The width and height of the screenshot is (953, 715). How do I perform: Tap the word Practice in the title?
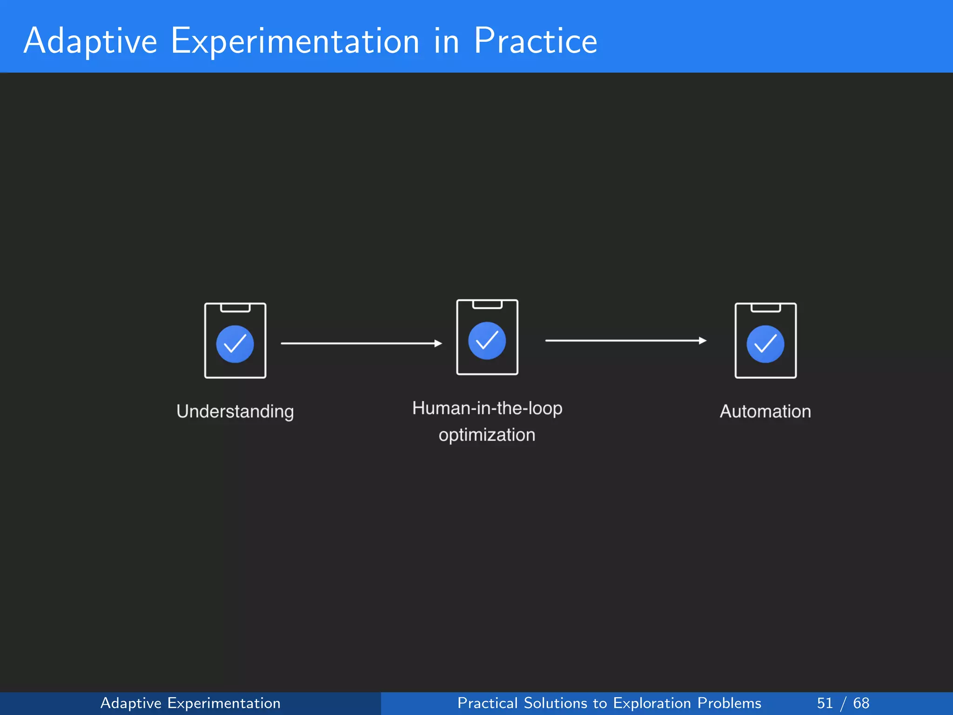click(x=535, y=41)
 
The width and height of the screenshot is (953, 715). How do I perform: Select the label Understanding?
click(x=235, y=411)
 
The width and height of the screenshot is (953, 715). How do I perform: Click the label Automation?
click(x=765, y=411)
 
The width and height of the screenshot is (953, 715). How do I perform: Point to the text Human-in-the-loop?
click(x=487, y=408)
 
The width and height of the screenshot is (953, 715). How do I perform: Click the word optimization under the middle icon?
click(x=487, y=435)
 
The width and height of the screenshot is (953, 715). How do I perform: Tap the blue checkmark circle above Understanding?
click(x=235, y=344)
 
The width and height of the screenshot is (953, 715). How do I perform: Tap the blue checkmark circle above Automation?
click(x=765, y=344)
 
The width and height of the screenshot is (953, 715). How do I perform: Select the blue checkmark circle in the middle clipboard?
click(x=487, y=341)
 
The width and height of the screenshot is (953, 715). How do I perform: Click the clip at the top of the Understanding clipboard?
click(x=235, y=308)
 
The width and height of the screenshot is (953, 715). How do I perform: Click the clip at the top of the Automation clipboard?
click(x=765, y=308)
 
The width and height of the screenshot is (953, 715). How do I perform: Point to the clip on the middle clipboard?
click(x=487, y=305)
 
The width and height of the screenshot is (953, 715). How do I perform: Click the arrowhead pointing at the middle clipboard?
click(x=438, y=344)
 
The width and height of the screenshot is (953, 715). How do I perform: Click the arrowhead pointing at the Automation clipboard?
click(x=703, y=341)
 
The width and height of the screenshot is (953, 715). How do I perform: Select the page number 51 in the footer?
click(x=825, y=703)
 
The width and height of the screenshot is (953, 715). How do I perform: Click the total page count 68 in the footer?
click(x=861, y=703)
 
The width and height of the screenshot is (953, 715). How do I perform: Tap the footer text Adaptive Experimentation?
click(x=190, y=703)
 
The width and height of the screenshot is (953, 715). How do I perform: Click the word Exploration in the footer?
click(x=652, y=703)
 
